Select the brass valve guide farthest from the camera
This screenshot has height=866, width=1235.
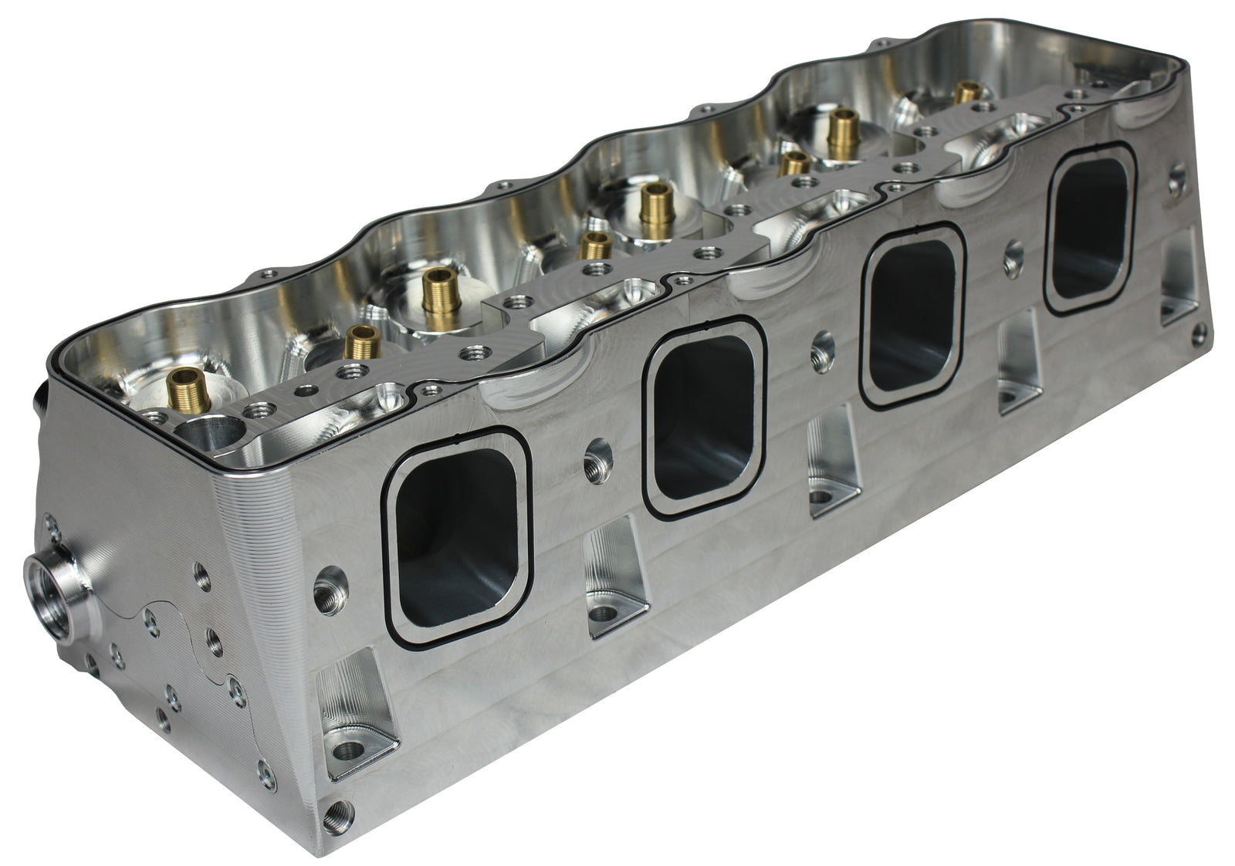click(964, 93)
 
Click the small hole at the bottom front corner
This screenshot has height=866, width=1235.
click(337, 810)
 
